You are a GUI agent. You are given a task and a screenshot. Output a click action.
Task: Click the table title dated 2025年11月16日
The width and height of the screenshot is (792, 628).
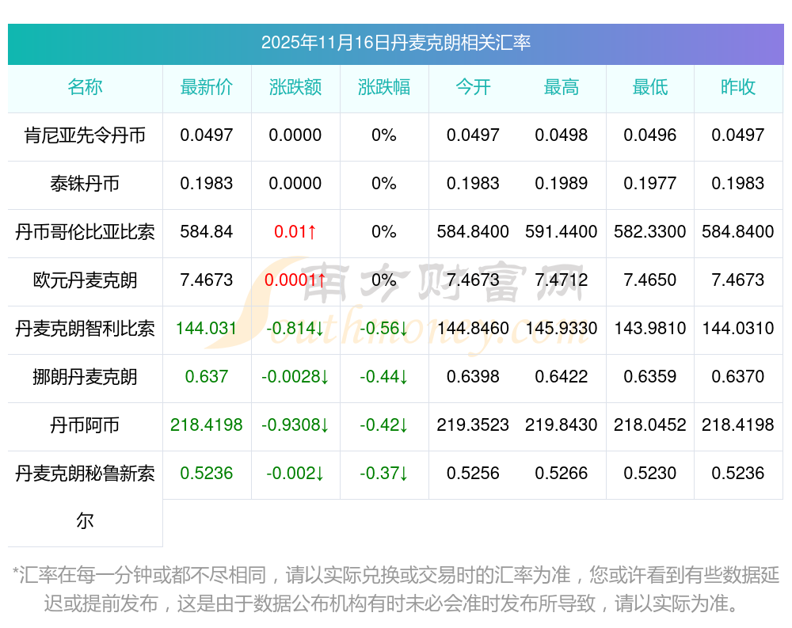tap(395, 43)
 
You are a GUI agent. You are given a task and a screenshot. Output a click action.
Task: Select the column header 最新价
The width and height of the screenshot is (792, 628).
tap(207, 87)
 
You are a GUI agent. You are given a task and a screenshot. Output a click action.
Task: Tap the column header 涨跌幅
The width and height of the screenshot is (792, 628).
tap(384, 87)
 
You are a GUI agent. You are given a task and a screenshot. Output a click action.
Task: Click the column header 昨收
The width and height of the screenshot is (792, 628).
tap(738, 87)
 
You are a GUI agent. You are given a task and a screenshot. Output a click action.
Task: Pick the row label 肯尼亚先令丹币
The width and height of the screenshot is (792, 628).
tap(85, 135)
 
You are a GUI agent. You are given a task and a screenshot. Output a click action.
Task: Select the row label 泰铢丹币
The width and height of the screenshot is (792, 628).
tap(85, 184)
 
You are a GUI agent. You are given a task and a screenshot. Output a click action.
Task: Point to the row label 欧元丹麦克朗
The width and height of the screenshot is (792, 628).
tap(85, 280)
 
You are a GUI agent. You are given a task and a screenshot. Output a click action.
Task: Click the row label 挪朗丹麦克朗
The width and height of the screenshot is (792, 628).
tap(85, 377)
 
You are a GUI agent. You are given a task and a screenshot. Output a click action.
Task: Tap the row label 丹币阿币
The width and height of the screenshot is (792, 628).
tap(85, 425)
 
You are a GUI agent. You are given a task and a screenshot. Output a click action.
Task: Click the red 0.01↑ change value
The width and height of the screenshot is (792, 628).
tap(295, 232)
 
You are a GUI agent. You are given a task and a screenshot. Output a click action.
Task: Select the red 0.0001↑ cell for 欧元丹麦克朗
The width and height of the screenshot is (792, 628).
tap(295, 280)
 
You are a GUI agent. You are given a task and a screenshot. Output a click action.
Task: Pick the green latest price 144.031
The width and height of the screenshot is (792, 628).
tap(207, 329)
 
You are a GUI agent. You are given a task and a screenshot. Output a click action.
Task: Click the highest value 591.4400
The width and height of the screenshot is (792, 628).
tap(562, 232)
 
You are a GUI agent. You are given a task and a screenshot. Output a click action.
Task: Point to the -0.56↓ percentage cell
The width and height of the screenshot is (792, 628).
tap(384, 329)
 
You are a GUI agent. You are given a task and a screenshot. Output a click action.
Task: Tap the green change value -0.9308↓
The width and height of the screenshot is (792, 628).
tap(295, 425)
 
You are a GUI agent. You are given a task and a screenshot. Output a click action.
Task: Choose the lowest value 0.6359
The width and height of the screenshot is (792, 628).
tap(650, 377)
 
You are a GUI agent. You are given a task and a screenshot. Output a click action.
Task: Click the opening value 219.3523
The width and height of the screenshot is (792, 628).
tap(473, 425)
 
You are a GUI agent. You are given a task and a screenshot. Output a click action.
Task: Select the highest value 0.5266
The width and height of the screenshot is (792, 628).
tap(562, 474)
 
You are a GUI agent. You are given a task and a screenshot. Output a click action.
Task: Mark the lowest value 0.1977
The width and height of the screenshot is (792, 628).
tap(650, 184)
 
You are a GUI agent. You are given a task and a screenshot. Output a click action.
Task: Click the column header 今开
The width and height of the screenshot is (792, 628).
tap(473, 87)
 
